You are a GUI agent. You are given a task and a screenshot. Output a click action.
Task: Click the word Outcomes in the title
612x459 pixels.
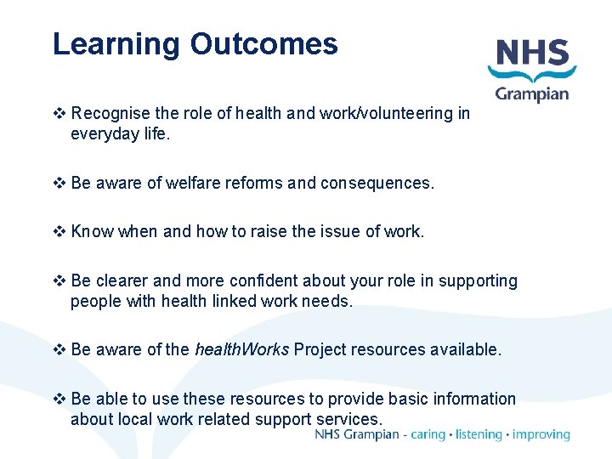click(x=264, y=44)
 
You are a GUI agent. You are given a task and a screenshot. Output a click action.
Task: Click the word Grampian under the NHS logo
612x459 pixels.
click(x=532, y=93)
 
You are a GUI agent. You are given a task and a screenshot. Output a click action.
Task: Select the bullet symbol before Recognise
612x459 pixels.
click(x=59, y=114)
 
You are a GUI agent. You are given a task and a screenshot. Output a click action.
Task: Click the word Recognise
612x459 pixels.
click(x=111, y=114)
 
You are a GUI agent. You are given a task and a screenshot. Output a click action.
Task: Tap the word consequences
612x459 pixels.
click(x=377, y=183)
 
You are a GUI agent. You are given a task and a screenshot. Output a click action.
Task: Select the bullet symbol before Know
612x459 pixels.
click(x=59, y=232)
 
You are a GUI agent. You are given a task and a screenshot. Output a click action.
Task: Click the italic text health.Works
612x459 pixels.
click(x=241, y=349)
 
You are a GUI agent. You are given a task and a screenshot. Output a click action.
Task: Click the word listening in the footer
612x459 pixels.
click(x=479, y=434)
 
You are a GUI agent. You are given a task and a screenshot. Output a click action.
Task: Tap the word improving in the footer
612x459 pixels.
click(x=541, y=434)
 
